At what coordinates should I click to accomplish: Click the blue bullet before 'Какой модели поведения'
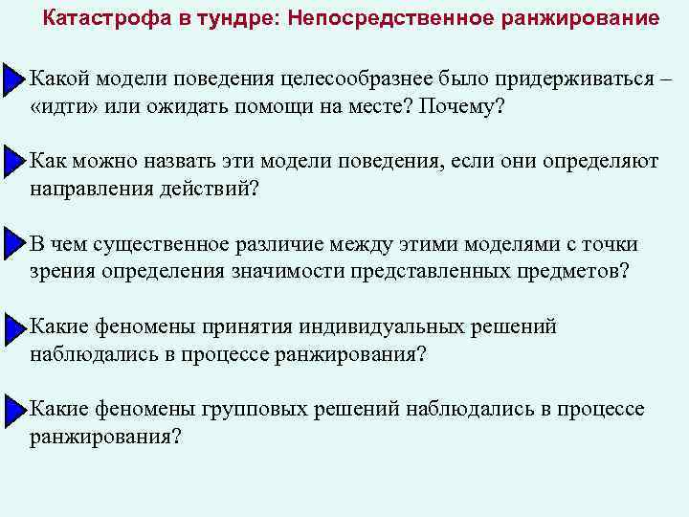click(12, 79)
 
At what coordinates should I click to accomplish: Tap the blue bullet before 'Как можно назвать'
click(12, 162)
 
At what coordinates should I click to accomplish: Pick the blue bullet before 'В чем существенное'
click(12, 244)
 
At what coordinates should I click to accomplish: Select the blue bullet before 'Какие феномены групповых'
click(12, 410)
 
